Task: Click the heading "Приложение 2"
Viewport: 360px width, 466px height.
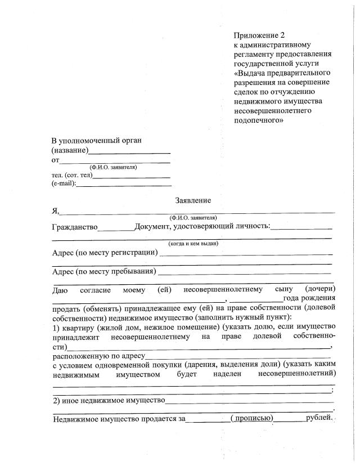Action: pyautogui.click(x=259, y=35)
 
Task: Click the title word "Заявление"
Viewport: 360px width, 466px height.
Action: pyautogui.click(x=193, y=200)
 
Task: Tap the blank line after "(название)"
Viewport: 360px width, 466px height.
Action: pyautogui.click(x=129, y=152)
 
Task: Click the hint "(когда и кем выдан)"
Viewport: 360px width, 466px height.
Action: pyautogui.click(x=193, y=243)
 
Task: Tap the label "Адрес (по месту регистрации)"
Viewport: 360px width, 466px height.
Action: pyautogui.click(x=105, y=252)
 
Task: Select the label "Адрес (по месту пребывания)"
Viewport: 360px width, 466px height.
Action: pyautogui.click(x=103, y=272)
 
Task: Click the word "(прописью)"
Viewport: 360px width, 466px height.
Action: pyautogui.click(x=252, y=418)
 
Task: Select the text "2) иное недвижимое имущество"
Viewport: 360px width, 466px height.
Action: pyautogui.click(x=109, y=400)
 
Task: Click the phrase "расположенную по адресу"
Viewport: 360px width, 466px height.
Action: pyautogui.click(x=99, y=356)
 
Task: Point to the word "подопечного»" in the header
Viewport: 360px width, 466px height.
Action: pyautogui.click(x=258, y=119)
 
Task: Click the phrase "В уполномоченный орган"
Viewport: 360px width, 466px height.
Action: pyautogui.click(x=96, y=140)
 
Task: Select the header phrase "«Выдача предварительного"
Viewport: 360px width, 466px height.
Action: pyautogui.click(x=282, y=73)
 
